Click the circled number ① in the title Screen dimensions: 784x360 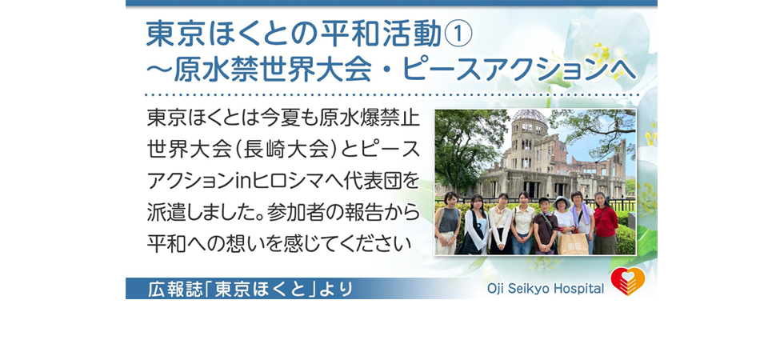(458, 35)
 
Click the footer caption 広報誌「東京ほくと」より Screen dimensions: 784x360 (250, 289)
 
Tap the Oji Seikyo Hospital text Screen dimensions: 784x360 (546, 289)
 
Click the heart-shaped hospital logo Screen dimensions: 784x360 (627, 282)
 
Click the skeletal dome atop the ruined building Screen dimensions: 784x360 (530, 116)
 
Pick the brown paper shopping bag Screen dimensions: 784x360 (573, 243)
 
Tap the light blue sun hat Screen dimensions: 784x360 (562, 202)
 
